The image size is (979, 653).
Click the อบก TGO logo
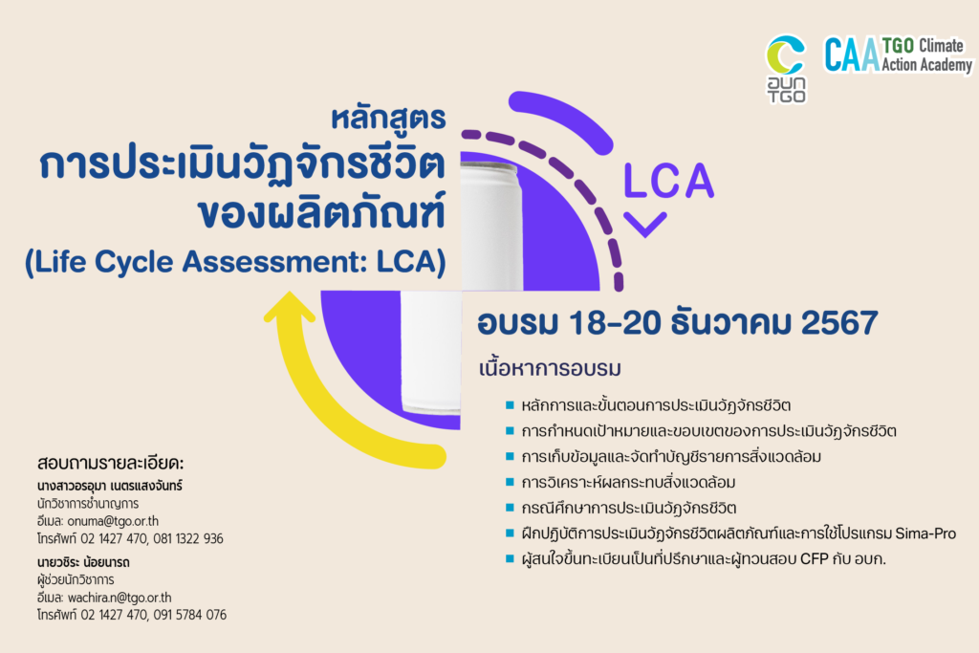786,68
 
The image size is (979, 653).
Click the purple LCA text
668,180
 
